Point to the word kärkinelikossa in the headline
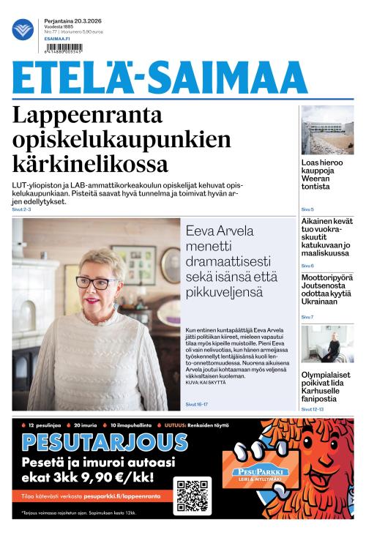tap(90, 162)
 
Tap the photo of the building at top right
tap(327, 130)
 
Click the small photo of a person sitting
tap(327, 344)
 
